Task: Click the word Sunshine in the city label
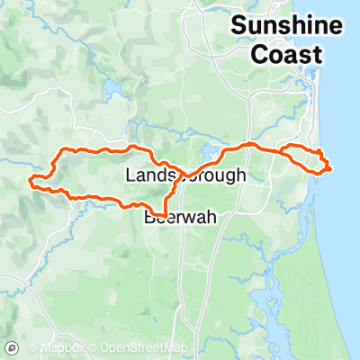click(x=276, y=25)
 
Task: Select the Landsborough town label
click(x=185, y=175)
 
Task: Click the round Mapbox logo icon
click(x=13, y=347)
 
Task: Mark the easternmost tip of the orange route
click(x=332, y=166)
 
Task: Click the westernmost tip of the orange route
click(x=31, y=183)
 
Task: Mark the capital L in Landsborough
click(x=131, y=175)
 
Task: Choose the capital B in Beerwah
click(x=150, y=217)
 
